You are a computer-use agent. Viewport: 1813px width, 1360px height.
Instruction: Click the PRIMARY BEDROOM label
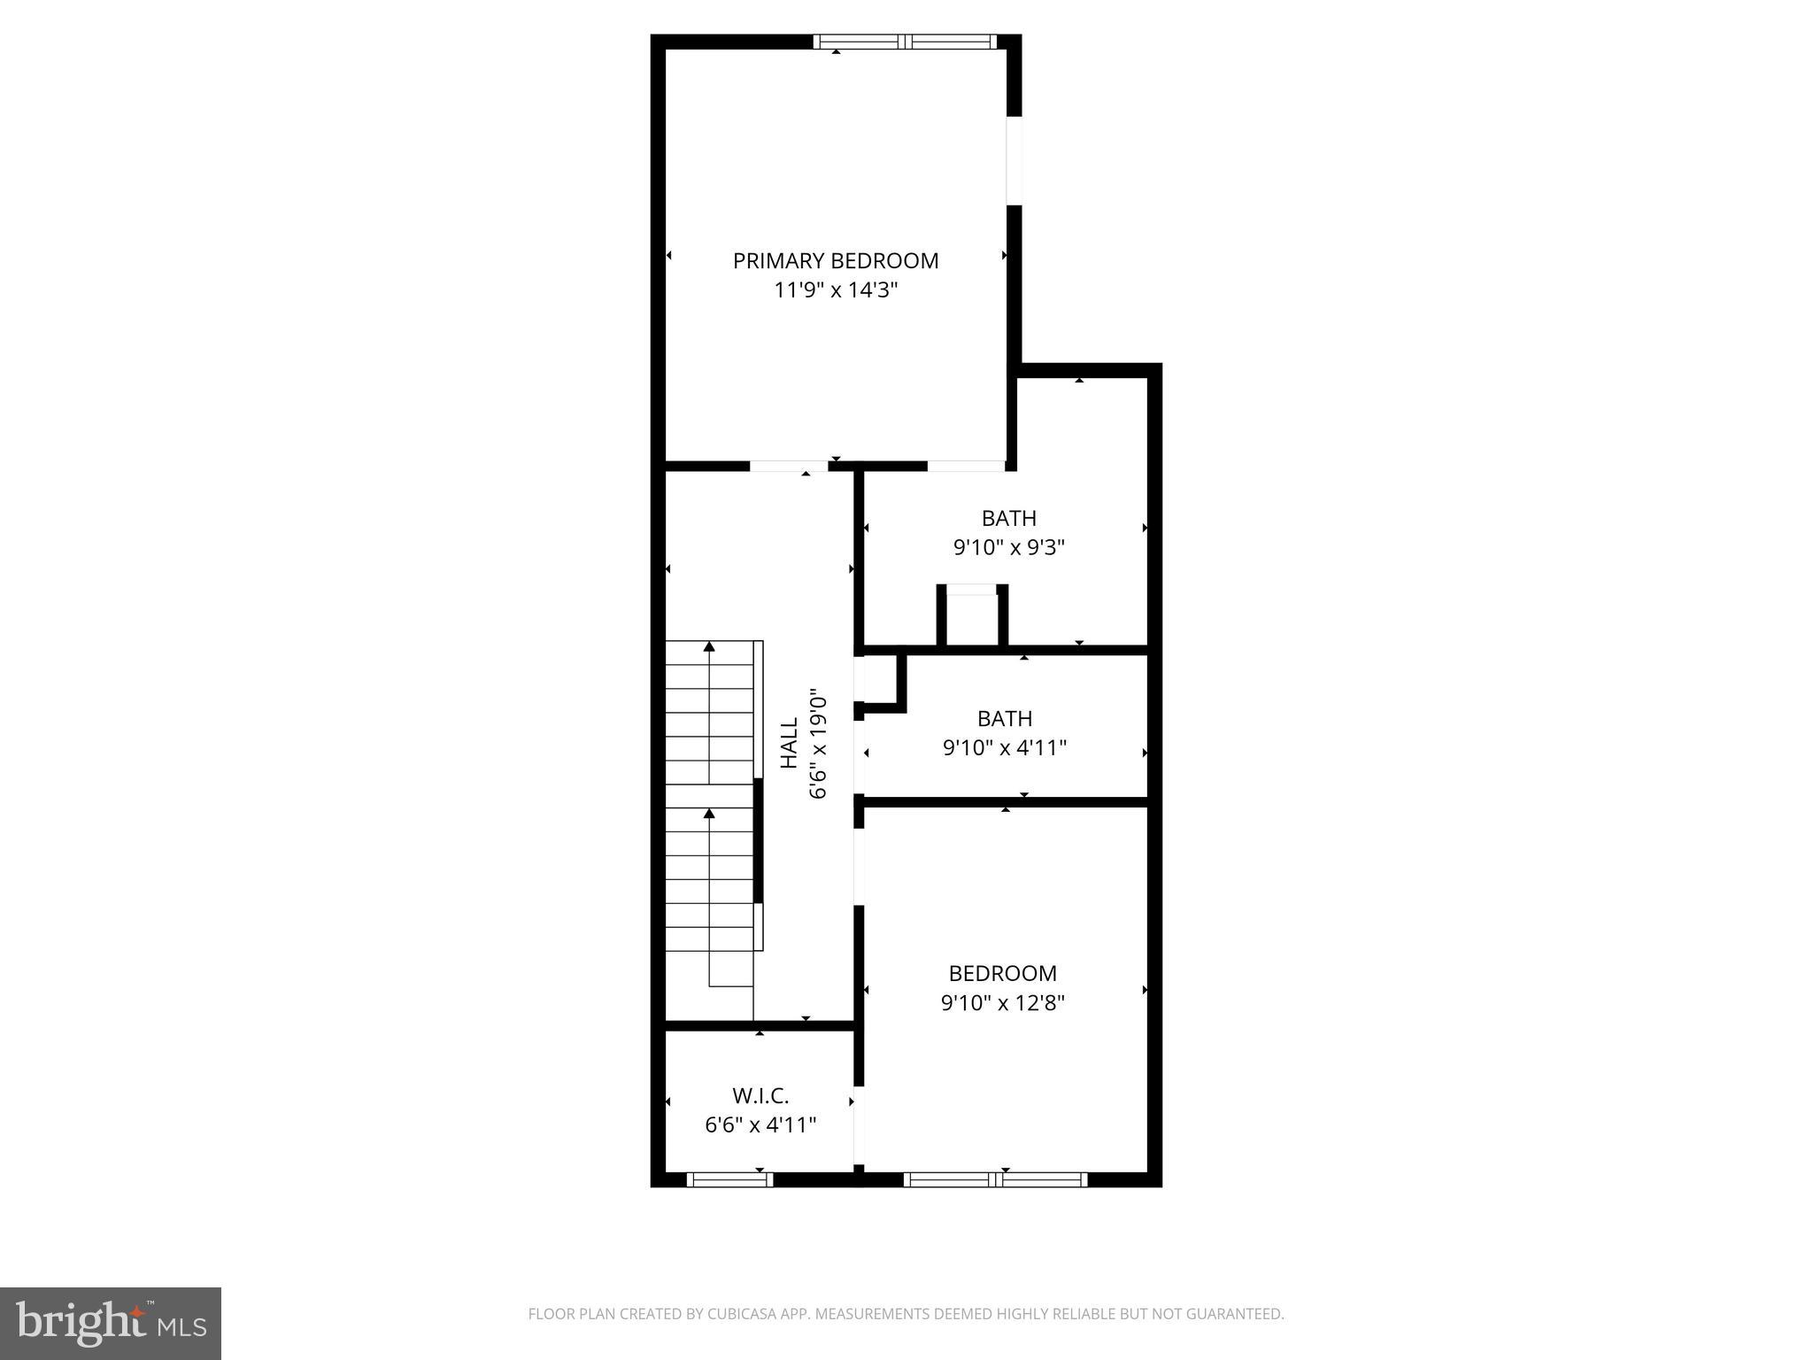click(835, 261)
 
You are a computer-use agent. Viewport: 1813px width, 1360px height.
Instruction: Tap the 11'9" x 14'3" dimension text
click(836, 290)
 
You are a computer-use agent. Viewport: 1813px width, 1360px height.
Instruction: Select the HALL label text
click(789, 743)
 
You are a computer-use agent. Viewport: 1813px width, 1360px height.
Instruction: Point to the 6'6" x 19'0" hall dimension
click(818, 745)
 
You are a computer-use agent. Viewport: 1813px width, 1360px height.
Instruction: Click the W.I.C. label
click(760, 1096)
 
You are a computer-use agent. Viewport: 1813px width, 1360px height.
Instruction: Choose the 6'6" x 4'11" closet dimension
click(760, 1125)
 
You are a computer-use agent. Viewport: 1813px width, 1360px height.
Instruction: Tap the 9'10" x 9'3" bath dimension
click(1008, 548)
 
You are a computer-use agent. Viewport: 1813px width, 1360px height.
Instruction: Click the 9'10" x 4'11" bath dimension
click(1004, 748)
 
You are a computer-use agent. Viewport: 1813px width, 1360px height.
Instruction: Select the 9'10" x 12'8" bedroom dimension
click(1002, 1003)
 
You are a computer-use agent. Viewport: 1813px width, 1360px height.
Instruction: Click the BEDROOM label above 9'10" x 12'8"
click(1002, 974)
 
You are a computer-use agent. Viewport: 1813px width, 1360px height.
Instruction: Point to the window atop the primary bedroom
click(904, 42)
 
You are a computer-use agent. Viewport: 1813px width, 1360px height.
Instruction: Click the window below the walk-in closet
click(729, 1179)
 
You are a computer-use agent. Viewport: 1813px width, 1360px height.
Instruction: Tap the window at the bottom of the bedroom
click(995, 1179)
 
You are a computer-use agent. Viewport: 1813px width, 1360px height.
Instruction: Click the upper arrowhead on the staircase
click(709, 647)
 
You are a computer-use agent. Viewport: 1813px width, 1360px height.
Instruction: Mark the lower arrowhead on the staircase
click(709, 813)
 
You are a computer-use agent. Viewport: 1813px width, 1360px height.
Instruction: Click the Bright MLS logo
click(111, 1323)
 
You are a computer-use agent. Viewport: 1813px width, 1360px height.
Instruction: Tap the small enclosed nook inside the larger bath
click(971, 618)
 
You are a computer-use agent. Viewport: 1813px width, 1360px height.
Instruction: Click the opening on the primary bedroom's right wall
click(1015, 161)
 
